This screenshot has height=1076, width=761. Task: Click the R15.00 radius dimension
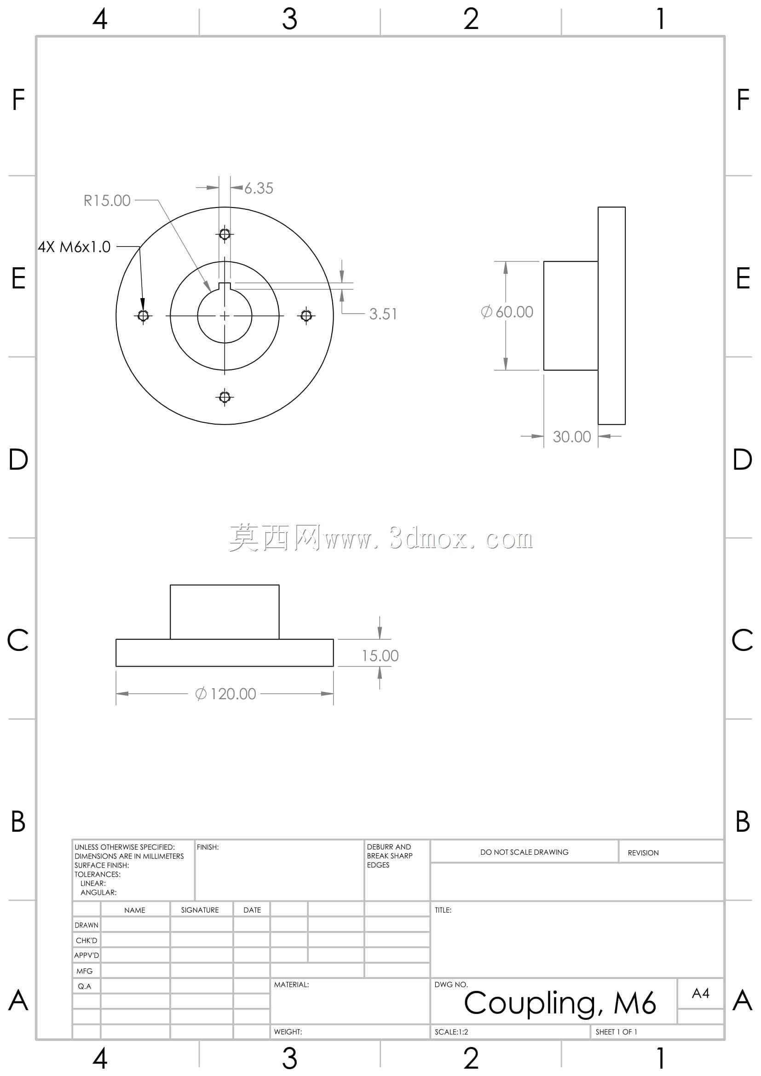107,201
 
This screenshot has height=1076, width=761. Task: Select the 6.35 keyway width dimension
259,189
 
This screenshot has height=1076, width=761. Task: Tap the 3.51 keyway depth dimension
383,314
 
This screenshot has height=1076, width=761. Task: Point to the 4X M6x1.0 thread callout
74,247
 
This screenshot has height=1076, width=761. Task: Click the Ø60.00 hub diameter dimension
507,312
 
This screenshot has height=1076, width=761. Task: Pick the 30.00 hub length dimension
572,437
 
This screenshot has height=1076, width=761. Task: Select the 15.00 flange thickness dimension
380,656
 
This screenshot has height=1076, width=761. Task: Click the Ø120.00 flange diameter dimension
225,694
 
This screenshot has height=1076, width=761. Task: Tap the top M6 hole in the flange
225,233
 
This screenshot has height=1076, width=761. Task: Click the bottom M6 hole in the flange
225,397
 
